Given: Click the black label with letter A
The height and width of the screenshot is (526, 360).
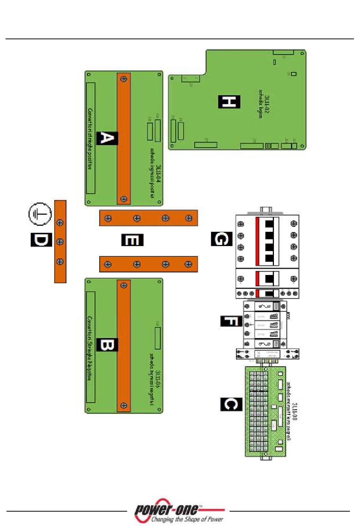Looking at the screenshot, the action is pyautogui.click(x=107, y=138).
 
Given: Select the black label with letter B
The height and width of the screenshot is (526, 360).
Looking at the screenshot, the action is pyautogui.click(x=107, y=345).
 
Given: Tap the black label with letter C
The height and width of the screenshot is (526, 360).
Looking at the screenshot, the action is pyautogui.click(x=231, y=404).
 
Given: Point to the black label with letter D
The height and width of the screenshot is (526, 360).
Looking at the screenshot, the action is pyautogui.click(x=41, y=240).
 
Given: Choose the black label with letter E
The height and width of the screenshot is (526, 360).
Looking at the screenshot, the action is pyautogui.click(x=132, y=240).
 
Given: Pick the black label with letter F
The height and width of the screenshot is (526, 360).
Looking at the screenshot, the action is pyautogui.click(x=231, y=321).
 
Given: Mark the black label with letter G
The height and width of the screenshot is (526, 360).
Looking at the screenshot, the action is pyautogui.click(x=222, y=239).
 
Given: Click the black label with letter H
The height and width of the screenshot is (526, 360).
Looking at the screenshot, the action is pyautogui.click(x=229, y=101).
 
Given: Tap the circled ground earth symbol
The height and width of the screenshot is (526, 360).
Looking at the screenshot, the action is pyautogui.click(x=40, y=214).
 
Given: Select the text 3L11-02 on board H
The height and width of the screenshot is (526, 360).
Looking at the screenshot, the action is pyautogui.click(x=267, y=105).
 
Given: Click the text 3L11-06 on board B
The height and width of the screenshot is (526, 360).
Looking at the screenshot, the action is pyautogui.click(x=158, y=379).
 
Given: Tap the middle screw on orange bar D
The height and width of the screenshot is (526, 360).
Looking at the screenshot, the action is pyautogui.click(x=60, y=242).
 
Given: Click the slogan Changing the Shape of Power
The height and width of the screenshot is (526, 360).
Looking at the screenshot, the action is pyautogui.click(x=187, y=519).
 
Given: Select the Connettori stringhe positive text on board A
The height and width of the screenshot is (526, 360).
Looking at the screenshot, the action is pyautogui.click(x=90, y=139).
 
